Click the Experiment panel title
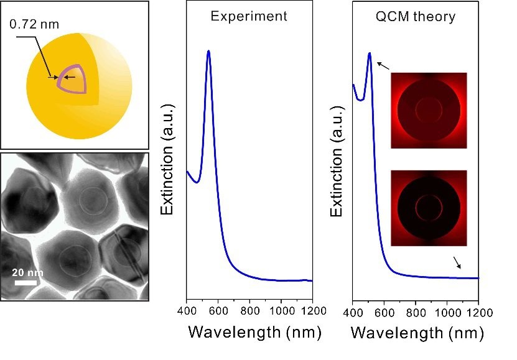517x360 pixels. tap(249, 16)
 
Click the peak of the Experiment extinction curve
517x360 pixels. tap(208, 51)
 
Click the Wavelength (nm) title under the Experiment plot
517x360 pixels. tap(254, 333)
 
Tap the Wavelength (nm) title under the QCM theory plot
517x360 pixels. tap(417, 333)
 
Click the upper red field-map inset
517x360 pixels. tap(429, 110)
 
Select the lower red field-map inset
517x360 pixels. tap(429, 208)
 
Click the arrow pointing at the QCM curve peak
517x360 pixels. tap(385, 63)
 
